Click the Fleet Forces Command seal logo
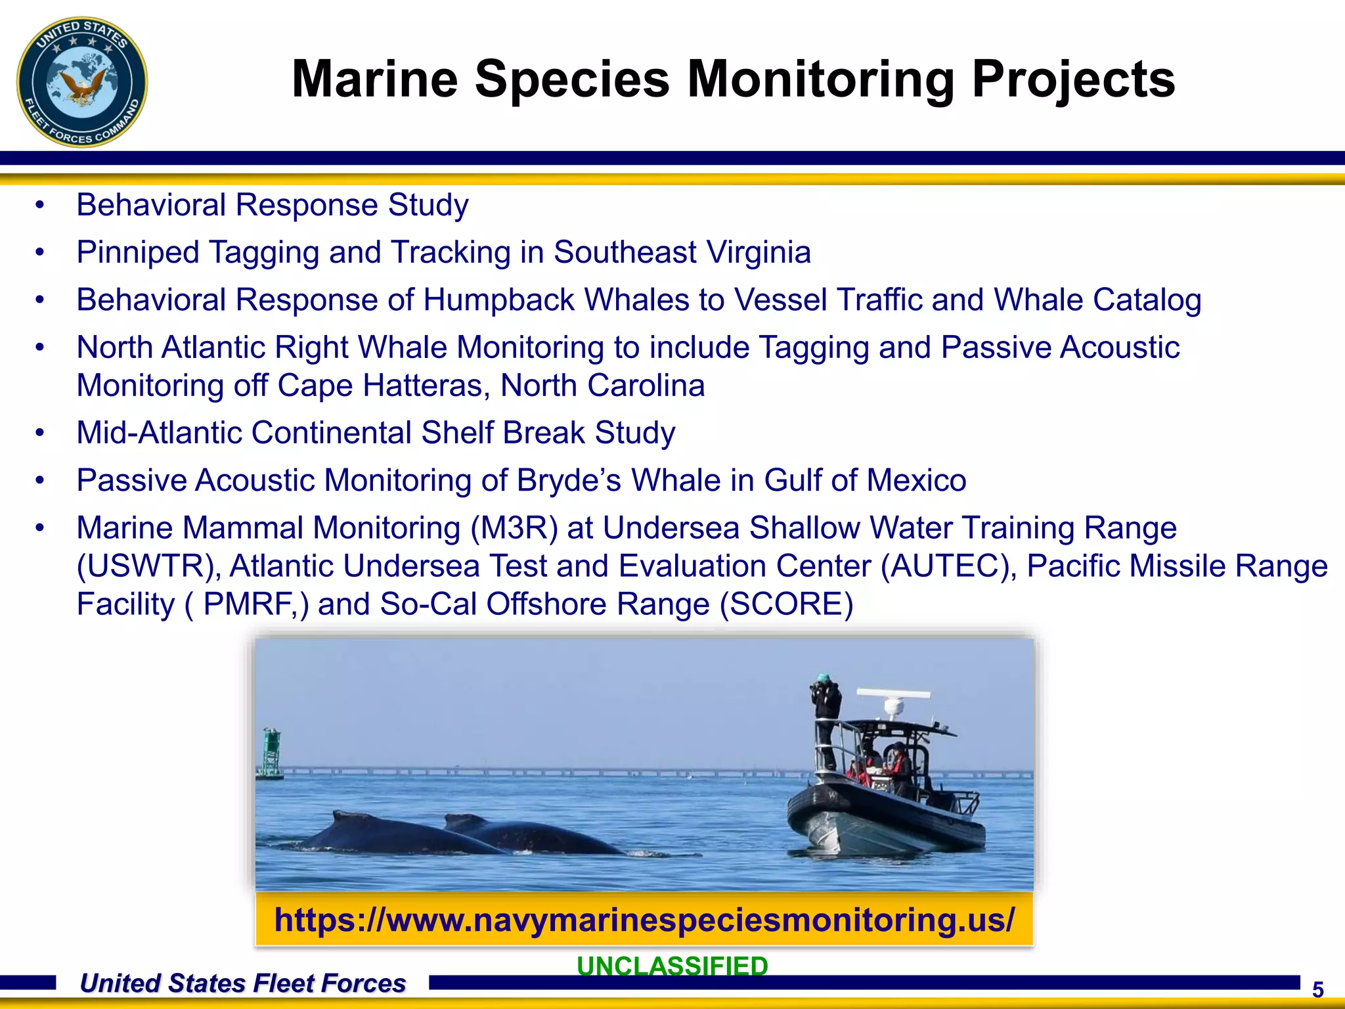(x=81, y=82)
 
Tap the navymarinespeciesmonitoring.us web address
(x=644, y=919)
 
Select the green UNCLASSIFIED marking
(x=672, y=965)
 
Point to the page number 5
(x=1317, y=989)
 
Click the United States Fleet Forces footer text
(x=242, y=983)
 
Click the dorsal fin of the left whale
(x=348, y=818)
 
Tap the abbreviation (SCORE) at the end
(x=786, y=604)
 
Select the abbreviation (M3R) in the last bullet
(x=514, y=528)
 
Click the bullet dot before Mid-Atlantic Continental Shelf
(x=41, y=433)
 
